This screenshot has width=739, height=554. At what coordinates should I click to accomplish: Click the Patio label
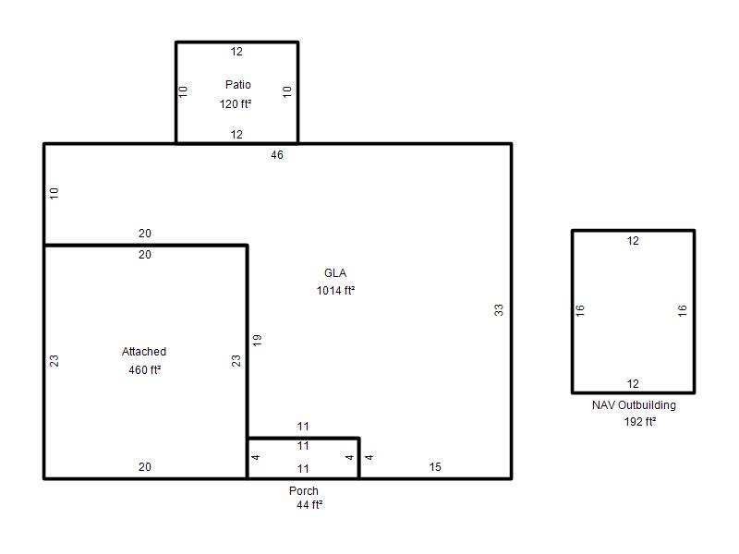tap(238, 85)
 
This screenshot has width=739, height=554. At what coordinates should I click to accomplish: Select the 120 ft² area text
tap(236, 104)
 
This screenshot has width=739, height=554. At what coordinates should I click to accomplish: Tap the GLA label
tap(335, 273)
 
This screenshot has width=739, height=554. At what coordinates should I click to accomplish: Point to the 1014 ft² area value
tap(335, 291)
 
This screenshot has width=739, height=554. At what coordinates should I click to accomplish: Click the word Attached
tap(144, 352)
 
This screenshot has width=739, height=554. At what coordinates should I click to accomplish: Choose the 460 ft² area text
tap(145, 370)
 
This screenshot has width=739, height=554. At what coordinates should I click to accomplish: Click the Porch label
tap(304, 491)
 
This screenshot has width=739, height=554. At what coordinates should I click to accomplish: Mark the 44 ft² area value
tap(309, 505)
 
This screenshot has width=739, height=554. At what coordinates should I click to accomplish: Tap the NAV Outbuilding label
tap(634, 405)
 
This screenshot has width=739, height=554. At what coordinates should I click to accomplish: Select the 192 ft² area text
tap(639, 422)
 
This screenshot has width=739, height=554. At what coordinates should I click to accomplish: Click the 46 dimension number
tap(277, 155)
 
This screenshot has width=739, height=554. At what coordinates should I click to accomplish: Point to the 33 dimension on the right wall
tap(499, 310)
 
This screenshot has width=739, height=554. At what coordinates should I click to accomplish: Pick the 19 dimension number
tap(257, 340)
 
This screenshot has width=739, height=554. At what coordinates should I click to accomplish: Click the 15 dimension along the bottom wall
tap(435, 467)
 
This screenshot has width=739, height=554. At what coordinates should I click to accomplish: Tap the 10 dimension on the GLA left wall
tap(55, 193)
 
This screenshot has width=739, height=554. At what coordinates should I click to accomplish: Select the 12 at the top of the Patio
tap(236, 52)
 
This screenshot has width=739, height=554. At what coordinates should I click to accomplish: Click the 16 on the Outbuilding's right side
tap(683, 310)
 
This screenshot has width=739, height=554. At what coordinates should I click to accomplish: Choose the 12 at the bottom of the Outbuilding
tap(633, 384)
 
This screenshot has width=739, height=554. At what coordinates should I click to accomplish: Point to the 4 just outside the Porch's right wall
tap(369, 457)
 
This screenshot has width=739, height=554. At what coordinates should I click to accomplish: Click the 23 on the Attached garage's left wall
tap(55, 361)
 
